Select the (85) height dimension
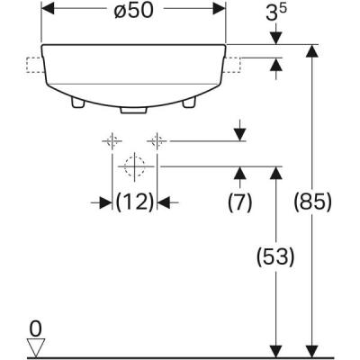(314, 202)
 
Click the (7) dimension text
(239, 202)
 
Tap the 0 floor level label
(35, 328)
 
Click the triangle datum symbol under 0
(35, 346)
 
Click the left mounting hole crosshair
(112, 140)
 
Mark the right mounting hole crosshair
(157, 140)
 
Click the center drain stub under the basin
(134, 112)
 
